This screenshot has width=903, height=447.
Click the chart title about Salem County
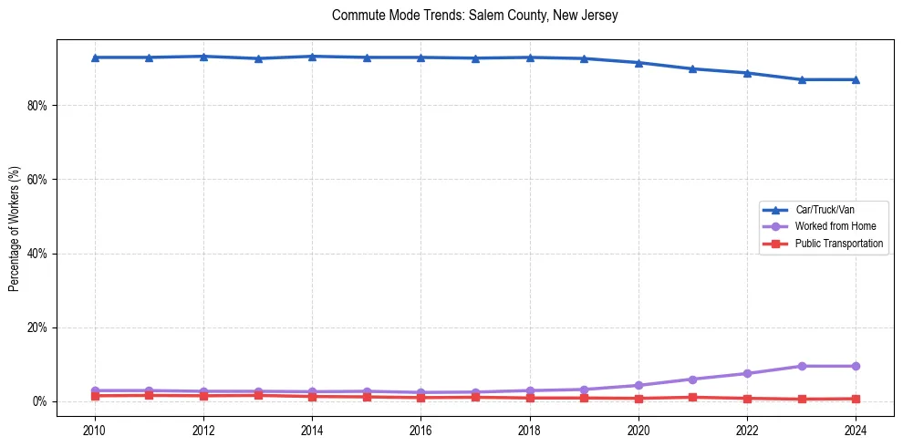point(475,16)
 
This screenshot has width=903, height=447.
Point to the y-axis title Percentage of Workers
point(15,229)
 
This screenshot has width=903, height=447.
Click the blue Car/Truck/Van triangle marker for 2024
point(856,79)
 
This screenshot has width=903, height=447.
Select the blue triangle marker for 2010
point(95,57)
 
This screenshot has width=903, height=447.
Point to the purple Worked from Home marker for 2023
point(802,366)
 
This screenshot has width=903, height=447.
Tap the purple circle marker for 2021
point(693,379)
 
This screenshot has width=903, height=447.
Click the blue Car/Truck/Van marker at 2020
point(638,63)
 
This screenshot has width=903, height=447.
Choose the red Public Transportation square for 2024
point(856,399)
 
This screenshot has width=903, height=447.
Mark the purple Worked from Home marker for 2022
point(747,373)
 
